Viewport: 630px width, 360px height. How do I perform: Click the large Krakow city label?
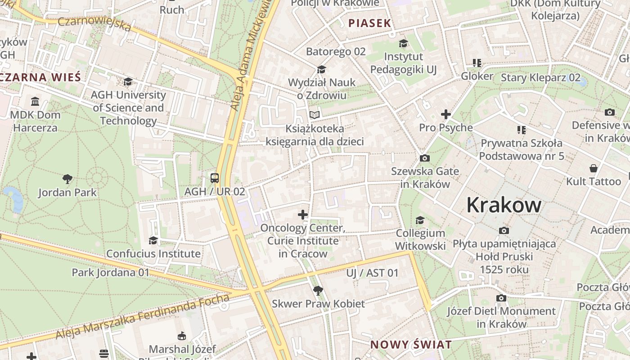504,205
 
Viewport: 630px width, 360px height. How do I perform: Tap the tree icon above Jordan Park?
67,179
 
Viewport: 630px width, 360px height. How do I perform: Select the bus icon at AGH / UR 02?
215,178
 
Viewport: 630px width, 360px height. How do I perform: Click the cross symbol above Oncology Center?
303,215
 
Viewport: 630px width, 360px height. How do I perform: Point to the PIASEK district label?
369,23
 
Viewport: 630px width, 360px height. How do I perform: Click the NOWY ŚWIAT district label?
410,345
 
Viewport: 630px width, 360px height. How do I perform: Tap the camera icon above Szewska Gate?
424,158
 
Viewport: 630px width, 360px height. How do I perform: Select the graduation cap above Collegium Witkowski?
420,220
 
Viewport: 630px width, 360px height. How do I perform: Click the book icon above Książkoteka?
315,115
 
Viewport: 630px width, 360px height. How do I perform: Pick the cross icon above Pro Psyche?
446,114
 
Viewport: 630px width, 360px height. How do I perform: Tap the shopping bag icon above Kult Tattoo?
594,169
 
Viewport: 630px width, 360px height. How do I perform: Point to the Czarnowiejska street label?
94,23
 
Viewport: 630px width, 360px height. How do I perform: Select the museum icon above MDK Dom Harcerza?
35,101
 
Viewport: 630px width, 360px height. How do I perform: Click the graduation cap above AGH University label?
128,81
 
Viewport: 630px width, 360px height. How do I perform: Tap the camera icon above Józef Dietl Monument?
501,298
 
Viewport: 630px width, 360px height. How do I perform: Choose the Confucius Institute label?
153,254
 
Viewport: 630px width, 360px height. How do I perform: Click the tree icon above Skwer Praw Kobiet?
318,290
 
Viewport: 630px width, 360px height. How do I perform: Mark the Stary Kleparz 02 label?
540,77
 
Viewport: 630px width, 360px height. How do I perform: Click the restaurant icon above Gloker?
477,63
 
